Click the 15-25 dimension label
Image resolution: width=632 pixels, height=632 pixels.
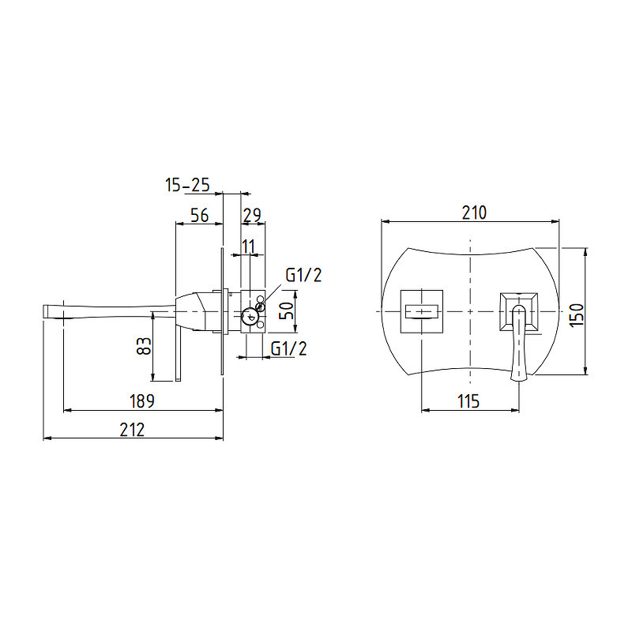[x=187, y=185]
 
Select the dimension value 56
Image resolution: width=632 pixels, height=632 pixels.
[x=200, y=215]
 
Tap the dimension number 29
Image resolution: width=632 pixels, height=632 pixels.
[x=252, y=215]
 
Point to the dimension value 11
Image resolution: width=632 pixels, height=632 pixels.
[x=248, y=246]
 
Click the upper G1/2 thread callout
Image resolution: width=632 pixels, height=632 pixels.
[x=303, y=275]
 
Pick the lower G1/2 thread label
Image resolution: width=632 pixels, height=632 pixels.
[x=288, y=348]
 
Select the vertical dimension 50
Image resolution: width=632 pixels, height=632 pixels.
[x=287, y=310]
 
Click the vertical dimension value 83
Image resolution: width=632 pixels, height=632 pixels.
[x=144, y=346]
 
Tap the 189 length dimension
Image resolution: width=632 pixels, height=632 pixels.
[x=142, y=401]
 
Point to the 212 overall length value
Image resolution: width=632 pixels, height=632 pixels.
[x=132, y=430]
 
